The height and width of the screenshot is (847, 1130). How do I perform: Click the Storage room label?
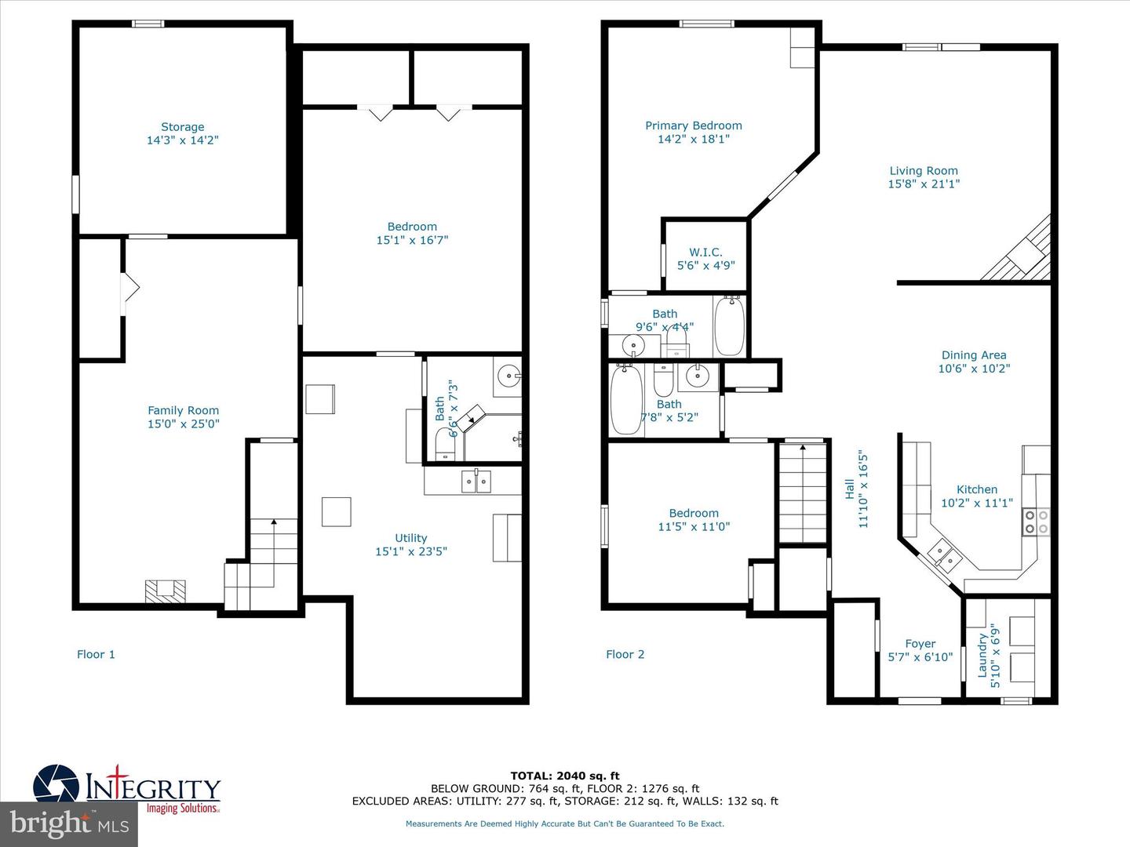(183, 127)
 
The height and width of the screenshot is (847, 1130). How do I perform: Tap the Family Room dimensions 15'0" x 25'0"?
(184, 423)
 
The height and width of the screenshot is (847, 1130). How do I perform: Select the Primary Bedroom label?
(693, 125)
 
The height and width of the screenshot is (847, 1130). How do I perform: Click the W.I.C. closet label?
(705, 252)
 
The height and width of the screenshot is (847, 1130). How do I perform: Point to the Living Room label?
(923, 171)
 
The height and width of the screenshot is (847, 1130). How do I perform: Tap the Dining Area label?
(973, 355)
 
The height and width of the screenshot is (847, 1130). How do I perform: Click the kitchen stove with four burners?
(1036, 522)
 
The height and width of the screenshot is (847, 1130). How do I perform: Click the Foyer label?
(920, 644)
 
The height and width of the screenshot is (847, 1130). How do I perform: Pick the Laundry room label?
(982, 656)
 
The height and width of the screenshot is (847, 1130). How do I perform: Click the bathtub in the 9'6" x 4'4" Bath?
(729, 325)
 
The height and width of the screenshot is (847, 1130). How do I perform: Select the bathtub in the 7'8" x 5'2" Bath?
(626, 399)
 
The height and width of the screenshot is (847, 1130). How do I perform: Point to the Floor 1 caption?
(96, 654)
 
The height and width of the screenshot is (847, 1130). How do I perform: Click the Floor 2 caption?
(625, 654)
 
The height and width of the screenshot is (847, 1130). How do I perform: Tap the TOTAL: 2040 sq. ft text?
(565, 776)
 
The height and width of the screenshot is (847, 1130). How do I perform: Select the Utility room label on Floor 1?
(410, 538)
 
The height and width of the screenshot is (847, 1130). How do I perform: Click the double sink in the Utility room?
(476, 481)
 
